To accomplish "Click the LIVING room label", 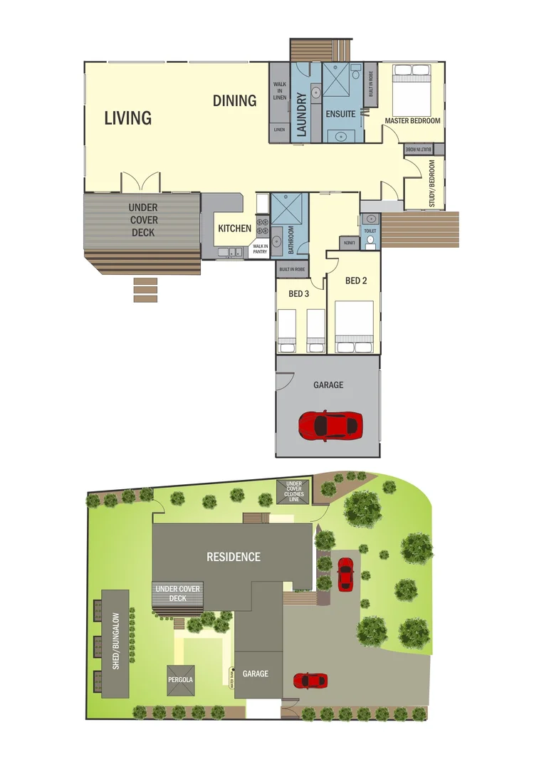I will click(x=128, y=118).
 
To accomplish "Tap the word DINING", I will click(x=234, y=101).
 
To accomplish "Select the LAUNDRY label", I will click(x=301, y=115).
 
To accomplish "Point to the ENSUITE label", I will click(x=340, y=114).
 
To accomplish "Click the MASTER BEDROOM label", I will click(x=412, y=121).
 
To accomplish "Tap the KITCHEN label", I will click(x=234, y=229).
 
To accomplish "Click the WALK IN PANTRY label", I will click(x=258, y=249).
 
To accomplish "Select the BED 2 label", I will click(x=356, y=281).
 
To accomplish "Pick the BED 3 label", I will click(x=298, y=293).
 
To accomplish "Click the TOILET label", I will click(x=370, y=232).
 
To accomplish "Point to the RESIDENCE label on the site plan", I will click(x=234, y=557).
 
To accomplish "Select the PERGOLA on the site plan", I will click(x=180, y=680).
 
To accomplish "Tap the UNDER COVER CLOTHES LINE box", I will click(x=293, y=490).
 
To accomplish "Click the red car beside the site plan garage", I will click(x=310, y=681).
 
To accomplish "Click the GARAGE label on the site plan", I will click(x=255, y=674).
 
